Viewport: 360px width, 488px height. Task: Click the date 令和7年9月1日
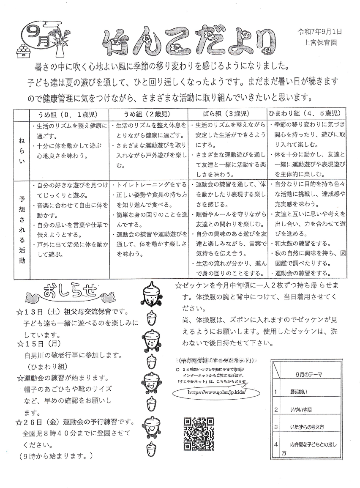click(319, 32)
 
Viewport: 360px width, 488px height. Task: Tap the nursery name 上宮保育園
click(320, 42)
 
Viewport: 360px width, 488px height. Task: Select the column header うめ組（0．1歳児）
click(68, 114)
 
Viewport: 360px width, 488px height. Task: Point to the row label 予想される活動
click(22, 229)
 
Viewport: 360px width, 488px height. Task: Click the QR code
click(199, 434)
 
